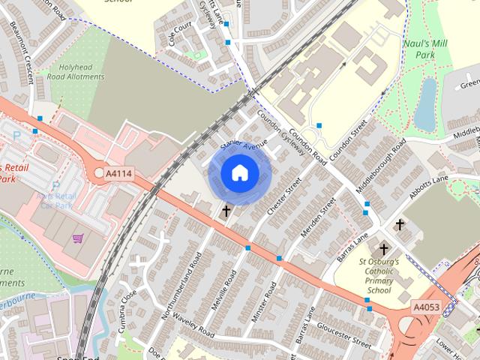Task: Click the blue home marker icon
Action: coord(239,173)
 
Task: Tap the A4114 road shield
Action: coord(118,173)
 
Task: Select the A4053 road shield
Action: coord(424,306)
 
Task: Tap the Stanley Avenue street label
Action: coord(244,139)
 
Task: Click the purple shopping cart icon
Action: coord(78,238)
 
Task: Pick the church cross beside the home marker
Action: coord(226,211)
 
